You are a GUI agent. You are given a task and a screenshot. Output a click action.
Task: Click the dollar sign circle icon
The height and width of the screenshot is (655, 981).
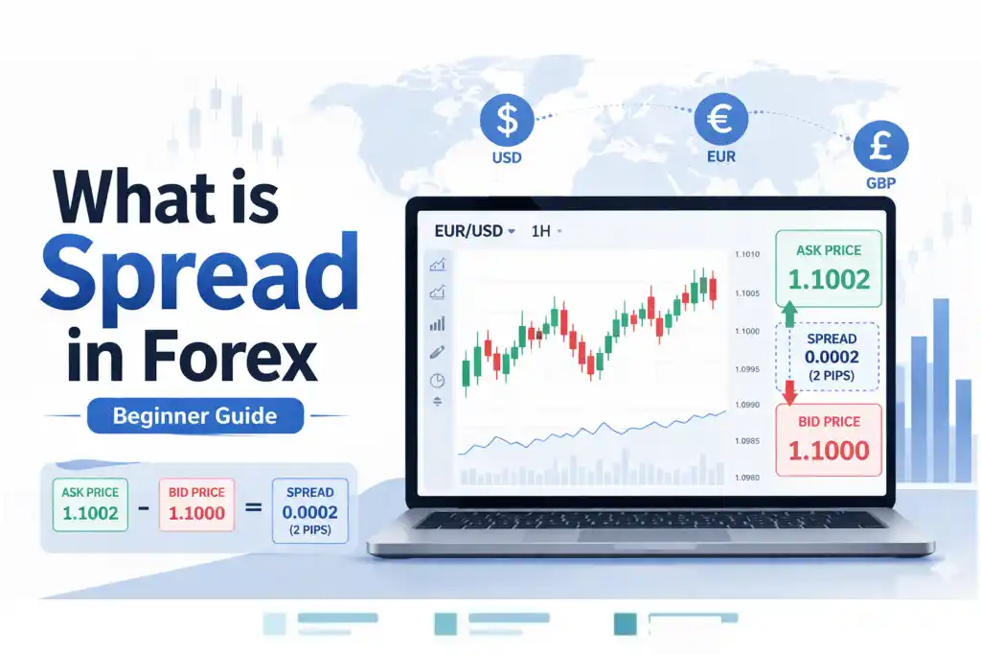[507, 120]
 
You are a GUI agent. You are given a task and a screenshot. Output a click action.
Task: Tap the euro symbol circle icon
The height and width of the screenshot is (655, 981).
[720, 119]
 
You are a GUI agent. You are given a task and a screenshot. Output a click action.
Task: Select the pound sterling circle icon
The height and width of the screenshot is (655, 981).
[881, 146]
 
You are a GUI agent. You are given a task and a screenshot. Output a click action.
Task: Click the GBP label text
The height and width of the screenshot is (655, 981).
[881, 183]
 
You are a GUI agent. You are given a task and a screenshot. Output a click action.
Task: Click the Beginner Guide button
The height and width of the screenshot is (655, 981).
[195, 416]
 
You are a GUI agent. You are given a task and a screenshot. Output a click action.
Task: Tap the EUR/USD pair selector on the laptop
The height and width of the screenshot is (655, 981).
[474, 231]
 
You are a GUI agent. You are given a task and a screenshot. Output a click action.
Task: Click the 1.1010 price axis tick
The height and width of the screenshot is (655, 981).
[747, 254]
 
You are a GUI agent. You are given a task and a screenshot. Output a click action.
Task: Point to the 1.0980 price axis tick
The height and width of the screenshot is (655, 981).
[747, 478]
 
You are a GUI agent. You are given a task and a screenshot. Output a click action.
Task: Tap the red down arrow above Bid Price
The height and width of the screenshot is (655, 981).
[789, 392]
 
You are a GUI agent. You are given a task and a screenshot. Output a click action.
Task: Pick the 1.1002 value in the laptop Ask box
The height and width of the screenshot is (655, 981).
[829, 279]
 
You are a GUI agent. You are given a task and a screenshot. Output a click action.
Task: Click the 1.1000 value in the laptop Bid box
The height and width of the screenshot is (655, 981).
[829, 450]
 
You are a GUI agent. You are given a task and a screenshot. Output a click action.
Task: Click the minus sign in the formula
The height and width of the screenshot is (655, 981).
[144, 507]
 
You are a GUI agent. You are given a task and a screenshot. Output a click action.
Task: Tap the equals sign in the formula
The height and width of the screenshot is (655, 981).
[253, 507]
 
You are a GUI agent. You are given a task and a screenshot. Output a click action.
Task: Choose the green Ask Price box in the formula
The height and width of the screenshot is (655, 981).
[91, 504]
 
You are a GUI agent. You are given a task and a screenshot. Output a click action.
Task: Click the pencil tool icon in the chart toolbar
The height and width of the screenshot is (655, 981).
[437, 353]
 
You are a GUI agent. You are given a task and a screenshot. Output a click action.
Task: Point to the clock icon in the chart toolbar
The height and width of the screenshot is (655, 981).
[437, 380]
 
